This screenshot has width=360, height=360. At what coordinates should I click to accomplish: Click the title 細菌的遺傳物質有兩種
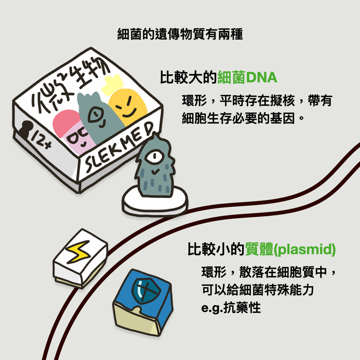click(180, 35)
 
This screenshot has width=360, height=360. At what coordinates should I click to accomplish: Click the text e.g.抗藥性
click(231, 307)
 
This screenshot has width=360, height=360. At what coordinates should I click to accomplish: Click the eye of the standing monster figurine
click(152, 156)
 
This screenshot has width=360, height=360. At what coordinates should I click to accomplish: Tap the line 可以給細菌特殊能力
click(258, 290)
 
